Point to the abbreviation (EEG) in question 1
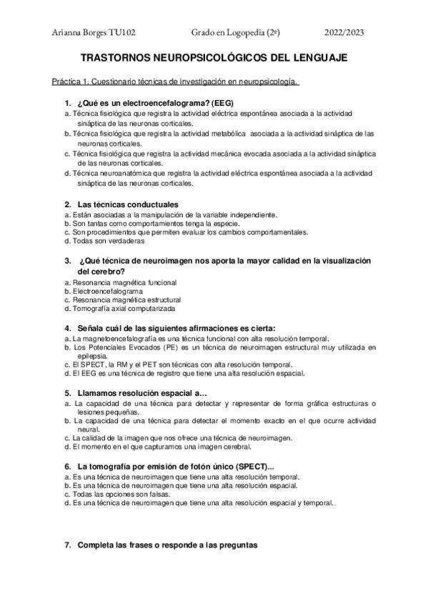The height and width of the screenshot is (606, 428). [219, 103]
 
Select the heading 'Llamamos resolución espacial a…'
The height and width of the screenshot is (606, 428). [141, 393]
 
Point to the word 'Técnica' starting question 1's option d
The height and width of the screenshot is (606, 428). [85, 173]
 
